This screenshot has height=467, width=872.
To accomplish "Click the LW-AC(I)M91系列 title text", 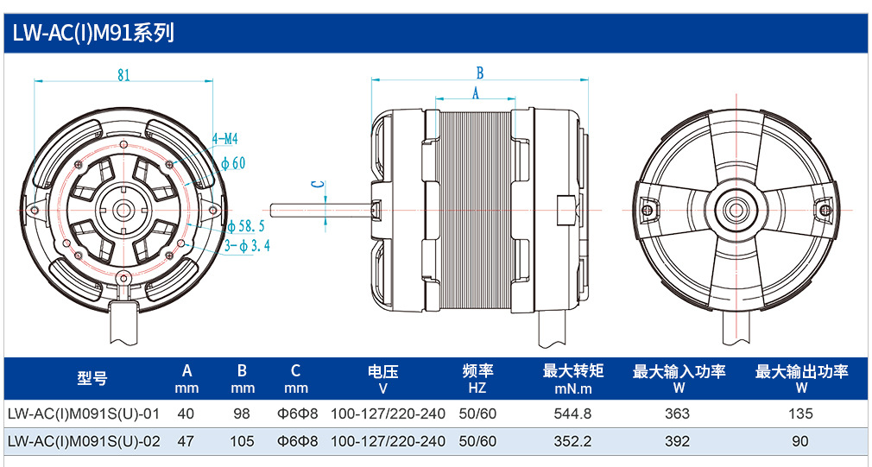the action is pyautogui.click(x=93, y=34).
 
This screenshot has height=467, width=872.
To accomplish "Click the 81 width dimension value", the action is pyautogui.click(x=124, y=74).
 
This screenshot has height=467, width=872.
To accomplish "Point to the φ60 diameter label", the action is pyautogui.click(x=233, y=163).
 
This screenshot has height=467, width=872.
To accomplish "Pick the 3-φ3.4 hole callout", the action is pyautogui.click(x=248, y=245).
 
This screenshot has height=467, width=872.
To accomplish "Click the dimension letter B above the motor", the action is pyautogui.click(x=480, y=73).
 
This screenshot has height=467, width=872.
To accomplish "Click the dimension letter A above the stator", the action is pyautogui.click(x=476, y=93).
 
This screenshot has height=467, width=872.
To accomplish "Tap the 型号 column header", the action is pyautogui.click(x=92, y=379).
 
